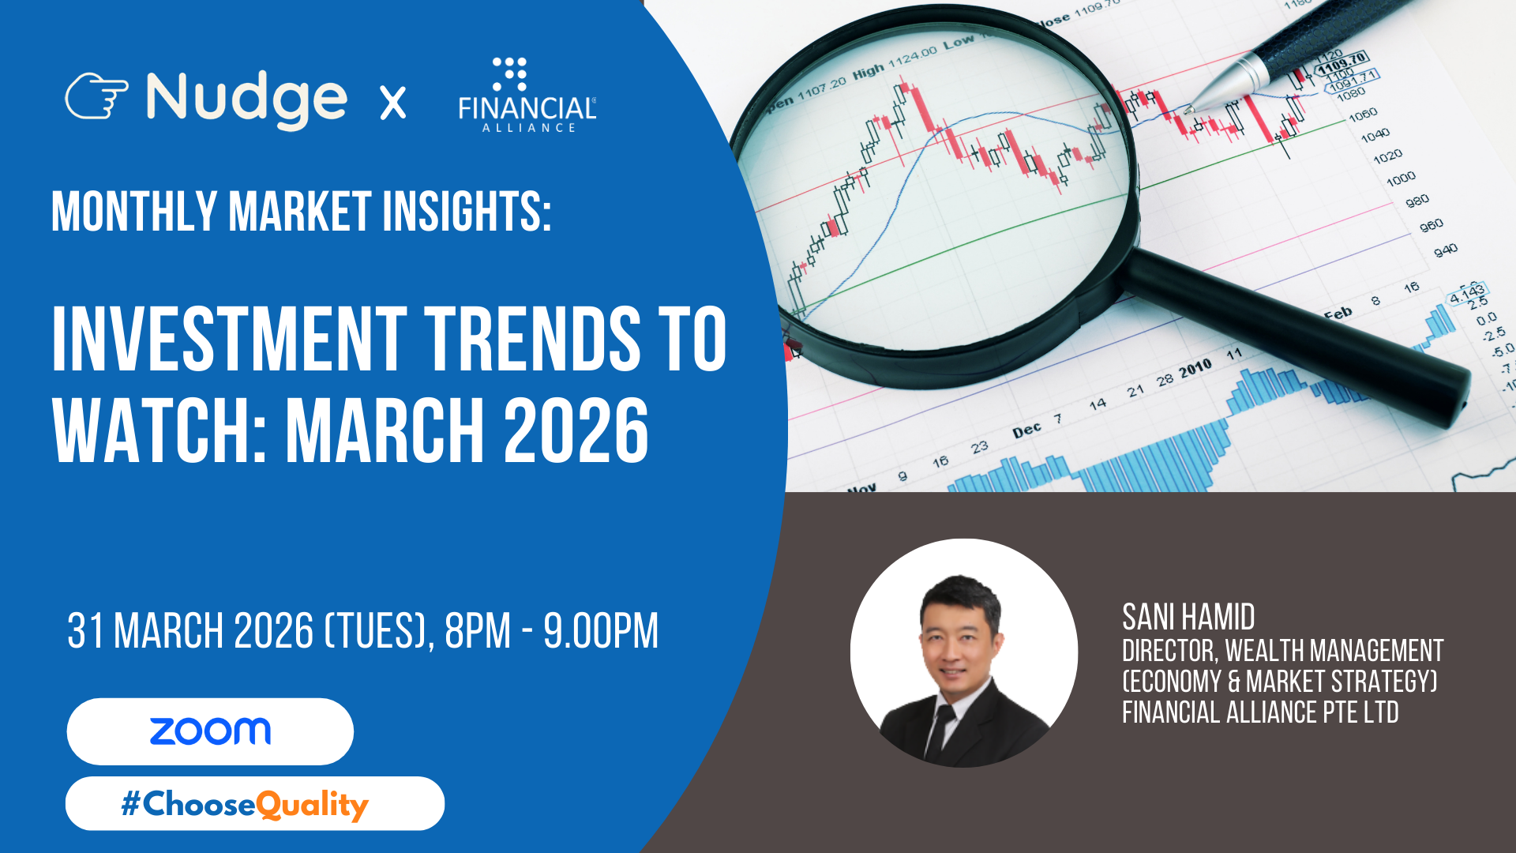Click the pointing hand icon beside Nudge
pyautogui.click(x=96, y=96)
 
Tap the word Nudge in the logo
pyautogui.click(x=246, y=100)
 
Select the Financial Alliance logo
pyautogui.click(x=527, y=95)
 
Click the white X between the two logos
pyautogui.click(x=392, y=103)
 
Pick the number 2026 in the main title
pyautogui.click(x=576, y=430)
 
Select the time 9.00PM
pyautogui.click(x=601, y=631)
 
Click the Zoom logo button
pyautogui.click(x=210, y=731)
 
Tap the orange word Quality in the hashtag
pyautogui.click(x=313, y=805)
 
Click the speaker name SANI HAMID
pyautogui.click(x=1188, y=617)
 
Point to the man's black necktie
pyautogui.click(x=939, y=731)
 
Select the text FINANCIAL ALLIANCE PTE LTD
pyautogui.click(x=1260, y=712)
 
